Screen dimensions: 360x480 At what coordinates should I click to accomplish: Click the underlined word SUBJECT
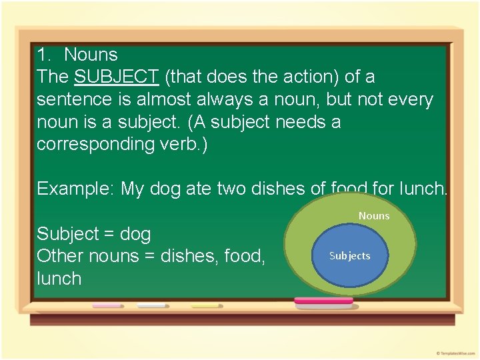point(116,77)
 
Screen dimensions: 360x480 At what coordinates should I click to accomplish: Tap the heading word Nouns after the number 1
point(91,55)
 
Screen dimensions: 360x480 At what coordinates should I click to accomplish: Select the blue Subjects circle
point(349,256)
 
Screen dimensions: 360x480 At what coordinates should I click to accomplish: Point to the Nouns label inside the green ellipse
point(373,215)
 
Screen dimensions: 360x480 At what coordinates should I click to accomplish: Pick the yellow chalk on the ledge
point(205,305)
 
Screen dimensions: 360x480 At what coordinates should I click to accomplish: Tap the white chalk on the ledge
point(151,305)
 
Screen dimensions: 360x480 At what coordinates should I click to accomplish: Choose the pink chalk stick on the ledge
point(107,305)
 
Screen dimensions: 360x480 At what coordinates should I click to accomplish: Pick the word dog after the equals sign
point(135,235)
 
